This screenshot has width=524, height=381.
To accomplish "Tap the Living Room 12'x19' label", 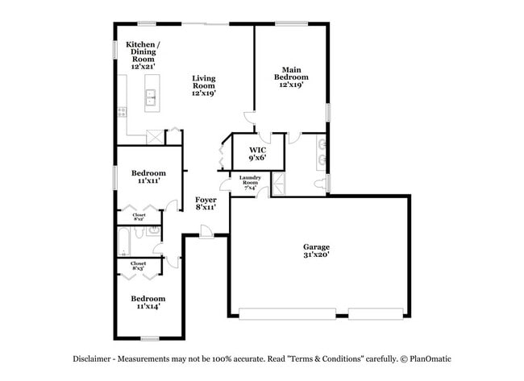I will coord(203,85).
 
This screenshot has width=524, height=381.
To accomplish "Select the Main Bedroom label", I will coord(291,77).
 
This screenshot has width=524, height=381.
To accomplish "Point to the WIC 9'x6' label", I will coord(257,154).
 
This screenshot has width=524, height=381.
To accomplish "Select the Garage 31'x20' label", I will coord(316,251).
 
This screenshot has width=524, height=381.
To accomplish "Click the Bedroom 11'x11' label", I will coord(148,177).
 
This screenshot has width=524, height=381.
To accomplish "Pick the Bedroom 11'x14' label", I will coord(148,302).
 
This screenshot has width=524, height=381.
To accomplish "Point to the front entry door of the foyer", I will coord(207,234).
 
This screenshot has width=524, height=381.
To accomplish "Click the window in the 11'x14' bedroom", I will coord(149,338).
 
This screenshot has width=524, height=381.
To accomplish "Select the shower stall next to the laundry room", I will coord(279,183).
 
